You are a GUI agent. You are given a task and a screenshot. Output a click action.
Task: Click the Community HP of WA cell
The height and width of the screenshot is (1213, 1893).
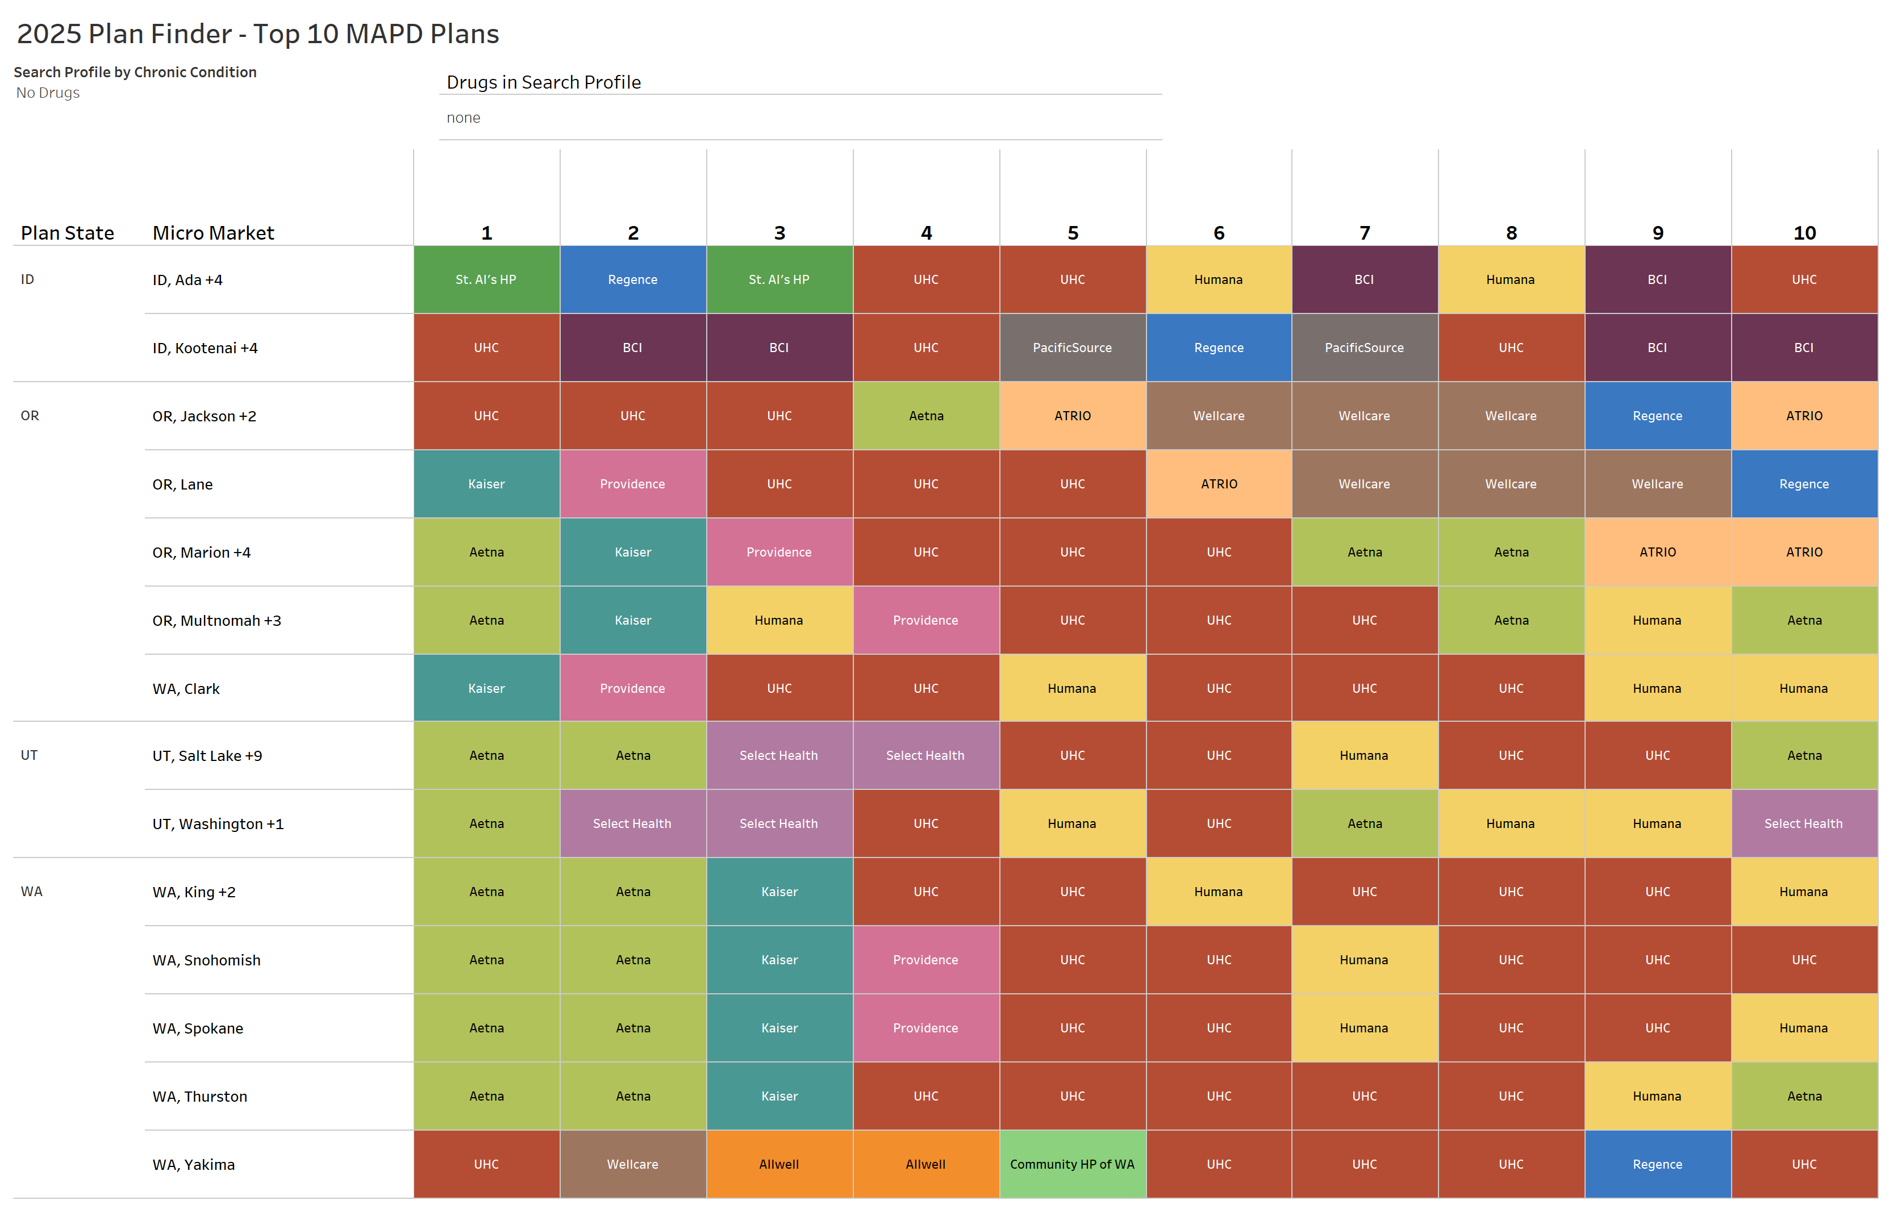point(1072,1164)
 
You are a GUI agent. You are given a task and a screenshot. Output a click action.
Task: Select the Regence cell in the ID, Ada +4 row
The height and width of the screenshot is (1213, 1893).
point(632,279)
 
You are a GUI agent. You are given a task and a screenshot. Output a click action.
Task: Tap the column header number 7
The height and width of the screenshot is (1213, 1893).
point(1365,233)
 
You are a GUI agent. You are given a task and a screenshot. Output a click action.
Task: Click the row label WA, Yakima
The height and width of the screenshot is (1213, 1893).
point(194,1164)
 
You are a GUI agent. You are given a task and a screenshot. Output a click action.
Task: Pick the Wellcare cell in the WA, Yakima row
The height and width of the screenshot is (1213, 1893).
point(632,1164)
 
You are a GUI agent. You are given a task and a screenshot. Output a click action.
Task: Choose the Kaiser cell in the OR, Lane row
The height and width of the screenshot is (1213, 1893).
point(486,484)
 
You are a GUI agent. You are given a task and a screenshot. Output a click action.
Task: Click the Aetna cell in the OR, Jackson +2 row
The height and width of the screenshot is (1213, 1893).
point(925,416)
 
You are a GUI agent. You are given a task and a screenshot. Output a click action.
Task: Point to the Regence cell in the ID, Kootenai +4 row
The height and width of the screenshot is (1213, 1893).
point(1219,348)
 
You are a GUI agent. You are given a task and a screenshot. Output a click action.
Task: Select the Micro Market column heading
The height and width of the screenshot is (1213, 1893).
point(212,233)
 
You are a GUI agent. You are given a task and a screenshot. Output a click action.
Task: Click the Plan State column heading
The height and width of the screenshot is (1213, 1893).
point(67,233)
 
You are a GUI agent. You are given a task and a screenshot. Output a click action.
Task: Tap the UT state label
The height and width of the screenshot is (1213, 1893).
point(29,755)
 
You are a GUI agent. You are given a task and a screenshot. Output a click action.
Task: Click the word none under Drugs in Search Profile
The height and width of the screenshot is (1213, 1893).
point(463,118)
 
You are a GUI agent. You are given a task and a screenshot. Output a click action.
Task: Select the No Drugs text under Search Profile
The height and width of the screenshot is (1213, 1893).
point(48,93)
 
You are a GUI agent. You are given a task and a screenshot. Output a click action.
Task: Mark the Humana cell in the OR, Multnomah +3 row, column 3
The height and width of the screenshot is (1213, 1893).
point(779,620)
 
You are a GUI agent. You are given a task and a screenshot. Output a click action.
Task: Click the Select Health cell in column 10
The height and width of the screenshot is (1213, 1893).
point(1803,823)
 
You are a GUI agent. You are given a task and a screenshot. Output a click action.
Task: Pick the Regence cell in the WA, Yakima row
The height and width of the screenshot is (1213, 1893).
point(1657,1164)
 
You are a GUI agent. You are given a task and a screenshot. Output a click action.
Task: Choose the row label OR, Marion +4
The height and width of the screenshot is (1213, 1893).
point(202,552)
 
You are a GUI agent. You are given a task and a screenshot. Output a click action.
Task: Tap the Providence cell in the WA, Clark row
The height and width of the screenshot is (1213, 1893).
point(632,688)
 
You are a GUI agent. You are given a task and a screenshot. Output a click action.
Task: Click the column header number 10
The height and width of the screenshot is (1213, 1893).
point(1804,233)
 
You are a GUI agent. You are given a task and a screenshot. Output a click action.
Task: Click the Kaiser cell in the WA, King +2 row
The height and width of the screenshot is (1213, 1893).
point(779,892)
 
